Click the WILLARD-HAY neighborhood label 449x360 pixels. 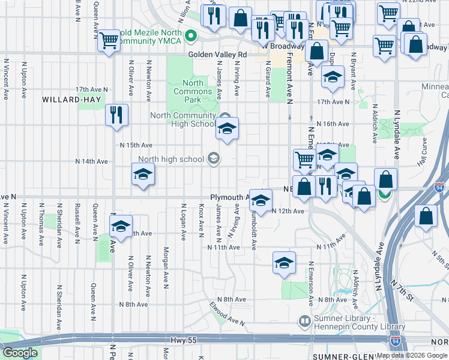pos(67,100)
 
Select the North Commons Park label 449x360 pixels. pos(197,91)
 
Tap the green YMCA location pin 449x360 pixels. pos(191,36)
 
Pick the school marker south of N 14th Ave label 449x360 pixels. pos(143,175)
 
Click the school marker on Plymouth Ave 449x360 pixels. pos(260,200)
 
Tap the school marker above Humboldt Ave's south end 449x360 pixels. pos(284,262)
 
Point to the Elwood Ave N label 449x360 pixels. pos(227,314)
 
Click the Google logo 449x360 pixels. pos(20,353)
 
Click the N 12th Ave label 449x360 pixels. pos(288,211)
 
